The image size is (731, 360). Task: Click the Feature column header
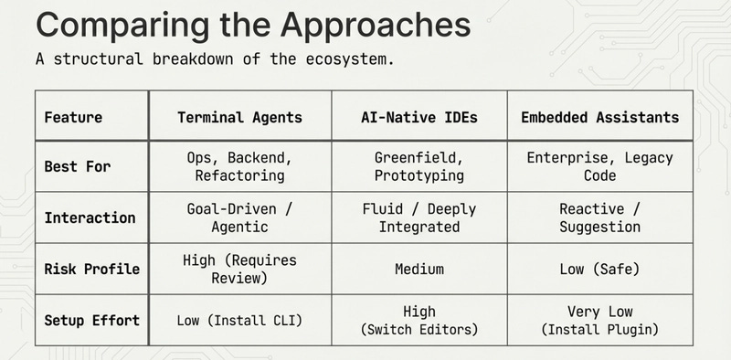click(73, 117)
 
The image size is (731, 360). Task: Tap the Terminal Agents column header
click(239, 117)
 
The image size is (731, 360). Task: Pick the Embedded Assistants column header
click(599, 117)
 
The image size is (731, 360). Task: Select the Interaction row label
click(90, 217)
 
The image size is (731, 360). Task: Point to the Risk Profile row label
click(92, 269)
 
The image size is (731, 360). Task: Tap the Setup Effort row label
click(92, 320)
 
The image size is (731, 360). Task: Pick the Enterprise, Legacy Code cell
click(599, 166)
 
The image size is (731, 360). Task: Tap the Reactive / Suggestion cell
click(599, 217)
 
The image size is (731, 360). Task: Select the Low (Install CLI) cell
click(239, 320)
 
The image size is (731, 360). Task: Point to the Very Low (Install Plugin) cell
click(599, 320)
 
